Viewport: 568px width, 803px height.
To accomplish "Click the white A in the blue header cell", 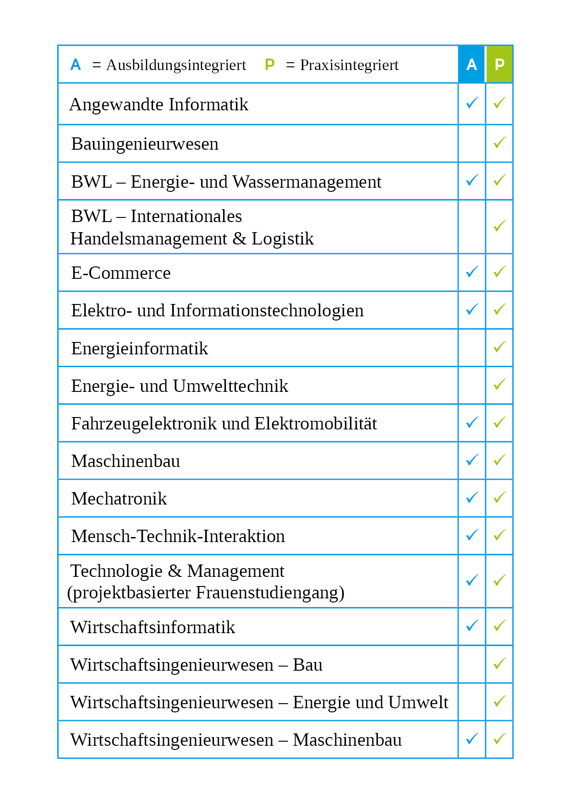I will point(471,65).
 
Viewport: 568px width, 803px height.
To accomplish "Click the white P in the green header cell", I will point(499,65).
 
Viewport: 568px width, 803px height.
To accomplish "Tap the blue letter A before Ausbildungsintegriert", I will point(76,65).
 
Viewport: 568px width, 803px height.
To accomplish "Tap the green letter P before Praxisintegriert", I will point(270,65).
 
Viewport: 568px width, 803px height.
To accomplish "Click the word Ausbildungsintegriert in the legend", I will point(176,65).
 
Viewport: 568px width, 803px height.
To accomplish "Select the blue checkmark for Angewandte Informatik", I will point(472,103).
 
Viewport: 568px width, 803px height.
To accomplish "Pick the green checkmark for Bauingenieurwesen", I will point(499,142).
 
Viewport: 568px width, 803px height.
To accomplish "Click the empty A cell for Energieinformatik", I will point(472,348).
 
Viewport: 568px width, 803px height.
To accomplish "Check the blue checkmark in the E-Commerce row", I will point(472,272).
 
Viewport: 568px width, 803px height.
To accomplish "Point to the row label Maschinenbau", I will point(126,461).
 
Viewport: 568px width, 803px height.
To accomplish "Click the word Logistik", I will point(283,239).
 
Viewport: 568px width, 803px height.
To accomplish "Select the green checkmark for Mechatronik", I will point(499,497).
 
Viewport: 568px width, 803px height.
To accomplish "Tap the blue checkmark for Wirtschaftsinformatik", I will point(472,625).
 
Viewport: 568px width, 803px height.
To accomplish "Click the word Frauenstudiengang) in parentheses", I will point(270,593).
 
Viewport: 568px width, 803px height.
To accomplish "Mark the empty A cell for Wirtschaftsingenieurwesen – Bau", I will point(472,664).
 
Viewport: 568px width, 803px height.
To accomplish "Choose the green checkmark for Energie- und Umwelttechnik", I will point(499,384).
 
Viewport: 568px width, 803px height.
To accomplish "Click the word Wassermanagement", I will point(307,182).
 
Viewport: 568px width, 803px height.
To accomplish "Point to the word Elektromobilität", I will point(316,424).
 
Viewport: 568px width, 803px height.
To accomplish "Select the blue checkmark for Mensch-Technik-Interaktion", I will point(472,535).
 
